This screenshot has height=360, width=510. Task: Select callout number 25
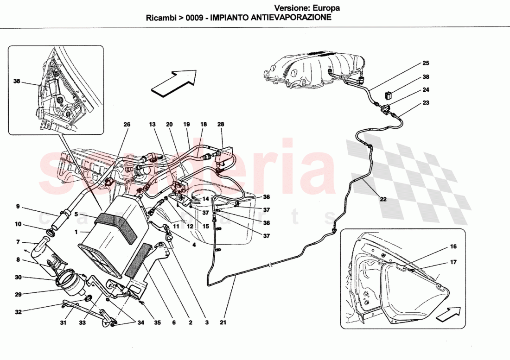pyautogui.click(x=426, y=63)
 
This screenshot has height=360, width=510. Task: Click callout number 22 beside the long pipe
pyautogui.click(x=383, y=200)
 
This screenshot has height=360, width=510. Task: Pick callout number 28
pyautogui.click(x=220, y=125)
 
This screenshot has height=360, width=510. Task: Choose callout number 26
pyautogui.click(x=127, y=125)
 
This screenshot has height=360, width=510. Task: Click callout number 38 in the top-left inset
pyautogui.click(x=18, y=81)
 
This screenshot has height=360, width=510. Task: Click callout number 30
pyautogui.click(x=18, y=278)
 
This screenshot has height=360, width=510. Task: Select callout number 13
pyautogui.click(x=153, y=125)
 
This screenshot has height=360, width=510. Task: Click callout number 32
pyautogui.click(x=18, y=312)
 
